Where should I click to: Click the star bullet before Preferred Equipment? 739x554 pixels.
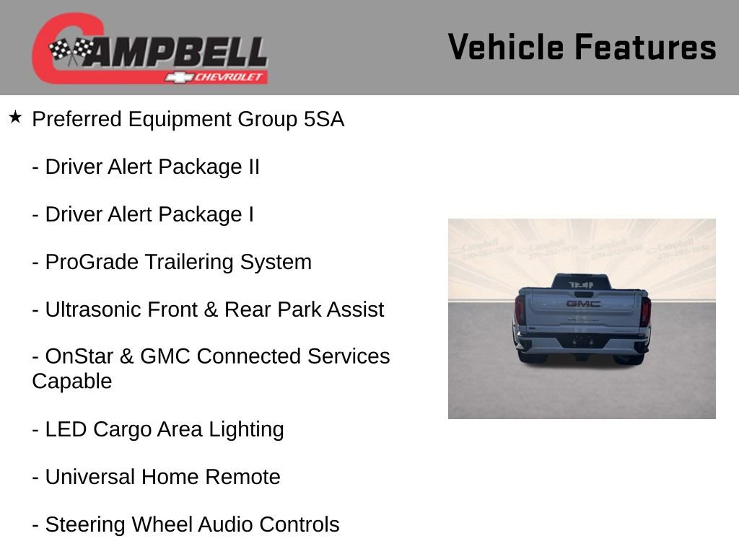click(x=16, y=117)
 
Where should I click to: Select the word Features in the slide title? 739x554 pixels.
click(x=645, y=48)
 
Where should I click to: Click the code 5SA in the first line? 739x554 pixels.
click(x=324, y=119)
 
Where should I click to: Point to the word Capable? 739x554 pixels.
click(x=72, y=381)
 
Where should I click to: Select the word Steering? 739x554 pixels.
click(x=87, y=524)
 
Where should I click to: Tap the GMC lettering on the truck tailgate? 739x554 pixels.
click(x=582, y=304)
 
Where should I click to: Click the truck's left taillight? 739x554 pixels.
click(x=520, y=310)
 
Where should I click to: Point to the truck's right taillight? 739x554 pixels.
click(x=645, y=310)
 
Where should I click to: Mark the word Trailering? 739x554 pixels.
click(x=190, y=262)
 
